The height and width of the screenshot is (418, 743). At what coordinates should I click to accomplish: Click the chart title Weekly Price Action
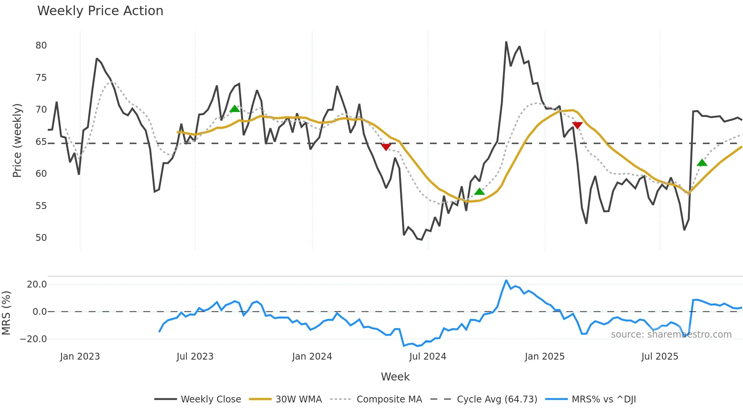(x=100, y=11)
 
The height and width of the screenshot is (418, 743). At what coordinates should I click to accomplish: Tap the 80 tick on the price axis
(x=41, y=46)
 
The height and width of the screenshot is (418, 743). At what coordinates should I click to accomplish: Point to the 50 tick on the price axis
(x=41, y=238)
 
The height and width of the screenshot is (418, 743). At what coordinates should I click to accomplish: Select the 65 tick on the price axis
(x=41, y=142)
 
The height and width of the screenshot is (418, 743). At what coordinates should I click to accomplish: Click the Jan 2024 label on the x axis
(x=312, y=357)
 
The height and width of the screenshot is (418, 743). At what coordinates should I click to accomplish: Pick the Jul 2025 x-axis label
(x=660, y=357)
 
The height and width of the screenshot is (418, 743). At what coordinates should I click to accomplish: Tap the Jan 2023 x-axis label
(x=80, y=357)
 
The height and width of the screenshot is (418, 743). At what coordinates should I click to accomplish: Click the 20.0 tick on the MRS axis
(x=37, y=284)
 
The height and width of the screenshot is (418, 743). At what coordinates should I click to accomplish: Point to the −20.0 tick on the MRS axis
(x=33, y=339)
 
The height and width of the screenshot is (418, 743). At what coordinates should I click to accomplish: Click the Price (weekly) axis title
(x=17, y=140)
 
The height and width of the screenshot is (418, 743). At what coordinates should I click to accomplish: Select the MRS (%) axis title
(x=6, y=313)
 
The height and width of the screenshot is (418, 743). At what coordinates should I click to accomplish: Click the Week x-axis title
(x=395, y=377)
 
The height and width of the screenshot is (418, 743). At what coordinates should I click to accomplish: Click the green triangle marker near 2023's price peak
(x=235, y=109)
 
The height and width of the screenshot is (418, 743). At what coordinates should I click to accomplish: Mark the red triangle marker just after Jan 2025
(x=577, y=125)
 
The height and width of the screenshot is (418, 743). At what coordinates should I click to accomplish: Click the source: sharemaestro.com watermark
(x=671, y=335)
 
